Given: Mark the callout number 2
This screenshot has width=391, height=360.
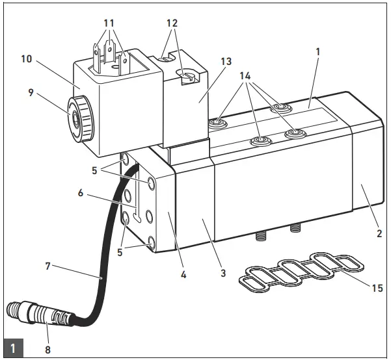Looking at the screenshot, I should click(x=379, y=233).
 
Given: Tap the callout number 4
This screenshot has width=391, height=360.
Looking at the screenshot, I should click(x=183, y=274).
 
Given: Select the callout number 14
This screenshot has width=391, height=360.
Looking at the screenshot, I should click(x=245, y=75).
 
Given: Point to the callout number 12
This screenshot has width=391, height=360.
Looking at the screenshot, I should click(x=172, y=22).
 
